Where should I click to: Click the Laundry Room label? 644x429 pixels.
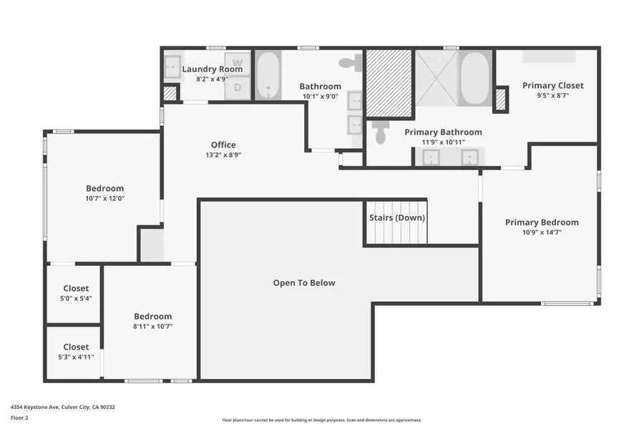(x=212, y=69)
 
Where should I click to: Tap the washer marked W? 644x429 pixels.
(x=238, y=62)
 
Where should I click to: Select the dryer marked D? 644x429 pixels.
(x=238, y=87)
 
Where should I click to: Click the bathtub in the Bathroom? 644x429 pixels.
(x=268, y=75)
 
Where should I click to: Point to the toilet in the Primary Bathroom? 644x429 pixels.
(x=380, y=132)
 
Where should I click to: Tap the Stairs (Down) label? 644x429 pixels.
(x=397, y=218)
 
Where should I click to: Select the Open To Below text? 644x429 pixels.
(x=304, y=283)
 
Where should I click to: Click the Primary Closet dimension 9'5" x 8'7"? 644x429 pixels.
(x=552, y=95)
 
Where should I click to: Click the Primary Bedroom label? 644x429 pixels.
(x=542, y=222)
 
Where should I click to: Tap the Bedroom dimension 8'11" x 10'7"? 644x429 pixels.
(x=153, y=326)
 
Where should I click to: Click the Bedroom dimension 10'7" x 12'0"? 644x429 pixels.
(x=105, y=198)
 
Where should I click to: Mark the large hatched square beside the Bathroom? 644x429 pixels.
(x=389, y=84)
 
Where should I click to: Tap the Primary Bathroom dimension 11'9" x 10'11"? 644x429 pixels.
(x=443, y=142)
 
